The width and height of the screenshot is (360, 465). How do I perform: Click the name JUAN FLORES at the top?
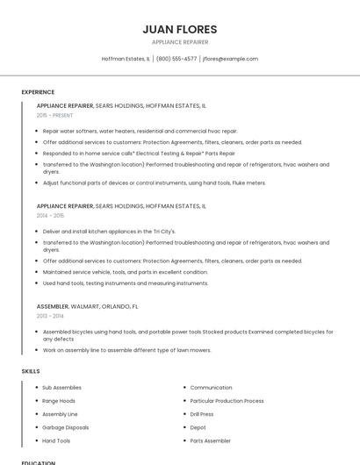click(179, 29)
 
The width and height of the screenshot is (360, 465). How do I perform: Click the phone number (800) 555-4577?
click(176, 59)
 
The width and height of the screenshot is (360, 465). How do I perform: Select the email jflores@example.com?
click(230, 59)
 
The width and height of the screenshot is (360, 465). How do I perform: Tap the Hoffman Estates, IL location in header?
click(126, 59)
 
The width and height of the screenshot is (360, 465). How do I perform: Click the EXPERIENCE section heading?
click(38, 92)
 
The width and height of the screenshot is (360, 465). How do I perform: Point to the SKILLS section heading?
click(31, 371)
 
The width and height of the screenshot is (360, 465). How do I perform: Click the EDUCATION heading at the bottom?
click(39, 462)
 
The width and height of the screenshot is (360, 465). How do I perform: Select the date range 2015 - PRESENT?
click(55, 115)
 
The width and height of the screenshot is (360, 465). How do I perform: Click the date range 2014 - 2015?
click(50, 215)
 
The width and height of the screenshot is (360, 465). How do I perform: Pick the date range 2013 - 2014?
click(50, 315)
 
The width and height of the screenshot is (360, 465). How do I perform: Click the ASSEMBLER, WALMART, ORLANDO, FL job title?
click(87, 306)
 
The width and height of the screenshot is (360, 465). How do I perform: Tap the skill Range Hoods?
click(59, 401)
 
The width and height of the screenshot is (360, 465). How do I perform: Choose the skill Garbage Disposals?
click(66, 427)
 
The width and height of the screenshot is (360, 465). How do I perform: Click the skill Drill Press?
click(202, 414)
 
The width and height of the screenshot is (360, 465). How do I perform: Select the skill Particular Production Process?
click(227, 401)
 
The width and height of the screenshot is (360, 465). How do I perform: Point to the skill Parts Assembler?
click(211, 440)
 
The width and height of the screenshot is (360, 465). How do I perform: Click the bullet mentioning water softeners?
click(140, 131)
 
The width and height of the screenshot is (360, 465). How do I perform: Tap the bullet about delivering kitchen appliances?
click(109, 231)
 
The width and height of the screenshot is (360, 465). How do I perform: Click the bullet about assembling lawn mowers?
click(126, 350)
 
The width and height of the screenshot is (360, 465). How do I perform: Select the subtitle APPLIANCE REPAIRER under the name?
click(179, 42)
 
